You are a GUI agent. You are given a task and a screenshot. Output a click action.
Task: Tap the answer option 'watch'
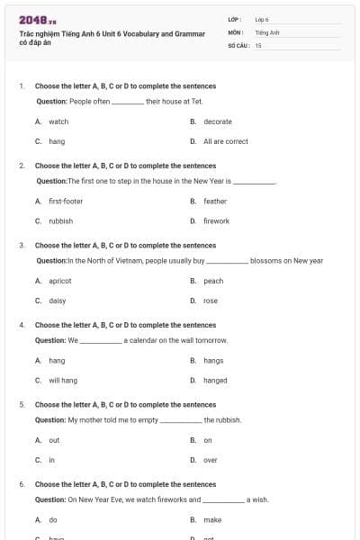[x=58, y=121]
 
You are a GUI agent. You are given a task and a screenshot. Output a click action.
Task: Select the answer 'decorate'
[x=217, y=121]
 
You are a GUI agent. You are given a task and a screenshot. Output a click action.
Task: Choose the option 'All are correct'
[x=225, y=141]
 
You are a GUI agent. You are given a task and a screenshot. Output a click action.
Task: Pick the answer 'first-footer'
[x=66, y=201]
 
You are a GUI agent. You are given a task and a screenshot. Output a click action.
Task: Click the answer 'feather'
[x=215, y=201]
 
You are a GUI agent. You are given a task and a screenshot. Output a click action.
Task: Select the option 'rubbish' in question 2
[x=60, y=220]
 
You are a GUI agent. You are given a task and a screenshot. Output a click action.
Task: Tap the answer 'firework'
[x=216, y=220]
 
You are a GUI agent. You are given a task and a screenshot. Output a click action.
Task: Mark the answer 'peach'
[x=213, y=281]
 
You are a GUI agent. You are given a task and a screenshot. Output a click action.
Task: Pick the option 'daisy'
[x=57, y=301]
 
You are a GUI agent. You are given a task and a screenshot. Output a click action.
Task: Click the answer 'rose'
[x=211, y=301]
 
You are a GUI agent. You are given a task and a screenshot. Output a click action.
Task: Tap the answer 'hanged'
[x=215, y=381]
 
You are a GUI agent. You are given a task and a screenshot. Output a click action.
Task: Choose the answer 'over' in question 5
[x=210, y=460]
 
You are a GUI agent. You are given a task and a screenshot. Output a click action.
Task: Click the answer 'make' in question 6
[x=212, y=520]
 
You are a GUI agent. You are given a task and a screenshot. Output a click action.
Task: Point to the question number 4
[x=22, y=325]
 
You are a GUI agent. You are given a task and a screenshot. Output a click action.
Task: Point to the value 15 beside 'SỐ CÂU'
[x=258, y=44]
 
